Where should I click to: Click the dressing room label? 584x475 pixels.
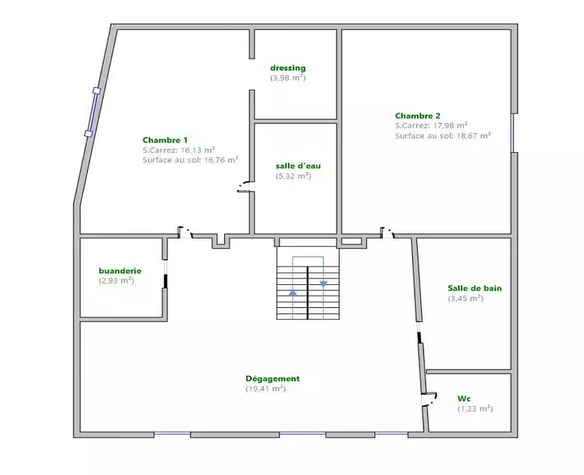point(288,68)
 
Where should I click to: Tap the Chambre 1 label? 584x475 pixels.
point(165,140)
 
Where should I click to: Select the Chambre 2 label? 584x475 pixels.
point(418,116)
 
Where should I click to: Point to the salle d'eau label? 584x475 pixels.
point(298,165)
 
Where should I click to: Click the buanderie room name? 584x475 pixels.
point(120,271)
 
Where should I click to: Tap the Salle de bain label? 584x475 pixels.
point(475,288)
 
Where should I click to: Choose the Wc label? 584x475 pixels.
point(464,399)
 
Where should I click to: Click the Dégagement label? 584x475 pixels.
point(273,378)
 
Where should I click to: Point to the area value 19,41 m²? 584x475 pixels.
point(266,389)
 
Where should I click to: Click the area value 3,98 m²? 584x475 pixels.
point(288,78)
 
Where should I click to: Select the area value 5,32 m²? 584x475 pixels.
point(294,176)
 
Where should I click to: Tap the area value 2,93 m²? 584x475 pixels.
point(116,280)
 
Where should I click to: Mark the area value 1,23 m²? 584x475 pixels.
point(476,408)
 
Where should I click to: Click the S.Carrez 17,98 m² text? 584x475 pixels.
point(431,126)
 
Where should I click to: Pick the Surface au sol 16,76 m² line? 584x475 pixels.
point(191,160)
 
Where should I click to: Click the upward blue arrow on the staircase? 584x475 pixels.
point(293,292)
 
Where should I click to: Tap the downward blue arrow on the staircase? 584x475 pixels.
point(324,284)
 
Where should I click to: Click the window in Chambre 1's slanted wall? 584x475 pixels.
point(93,112)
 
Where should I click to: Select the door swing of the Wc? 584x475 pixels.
point(430,399)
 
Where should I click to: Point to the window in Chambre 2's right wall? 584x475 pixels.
point(514,133)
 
